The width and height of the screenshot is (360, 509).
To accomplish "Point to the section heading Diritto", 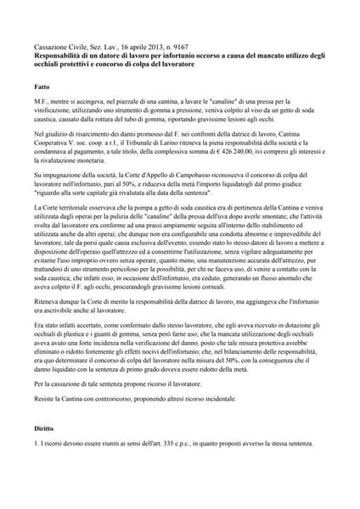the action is pos(47,430).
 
